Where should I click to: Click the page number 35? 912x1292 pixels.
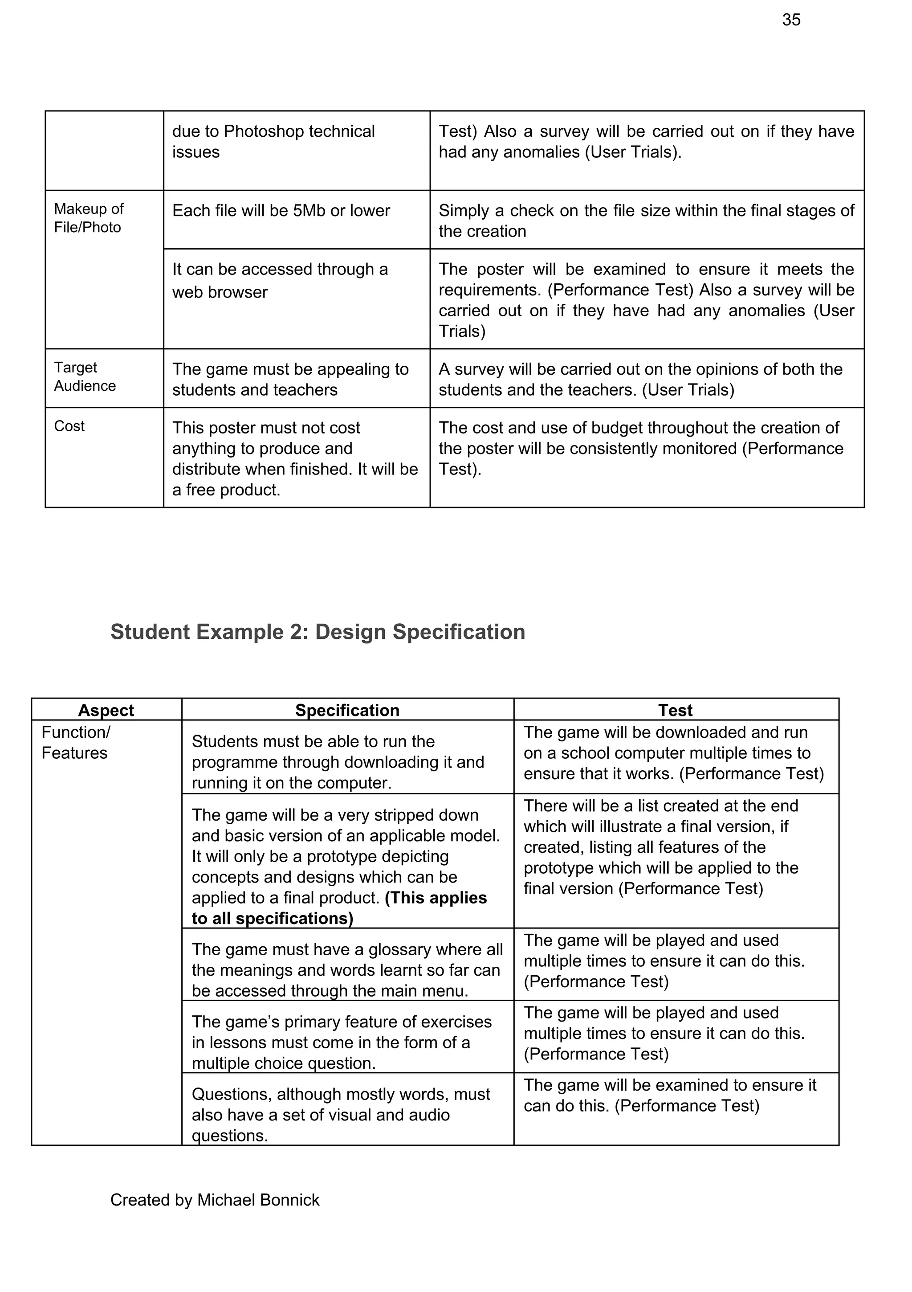click(790, 20)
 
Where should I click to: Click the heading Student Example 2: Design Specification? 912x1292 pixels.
click(318, 632)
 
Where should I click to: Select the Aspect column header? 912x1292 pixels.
click(106, 710)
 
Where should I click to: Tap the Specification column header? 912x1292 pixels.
click(347, 710)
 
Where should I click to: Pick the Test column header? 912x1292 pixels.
click(675, 710)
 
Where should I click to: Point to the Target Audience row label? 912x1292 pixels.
click(85, 376)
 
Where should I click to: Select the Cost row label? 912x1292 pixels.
click(69, 426)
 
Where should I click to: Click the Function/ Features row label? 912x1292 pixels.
click(75, 742)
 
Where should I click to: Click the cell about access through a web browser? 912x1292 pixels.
click(280, 280)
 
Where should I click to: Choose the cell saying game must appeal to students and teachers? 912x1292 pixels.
click(290, 379)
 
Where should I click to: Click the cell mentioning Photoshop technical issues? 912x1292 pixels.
click(273, 141)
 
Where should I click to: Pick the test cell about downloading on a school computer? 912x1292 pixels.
click(673, 753)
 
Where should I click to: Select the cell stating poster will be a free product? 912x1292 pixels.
click(295, 458)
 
